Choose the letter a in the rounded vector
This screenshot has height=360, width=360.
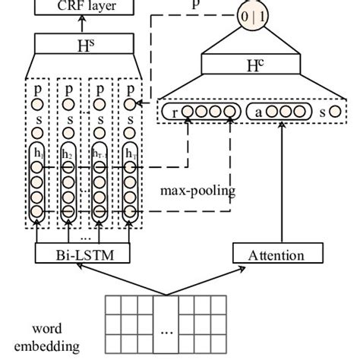(259, 112)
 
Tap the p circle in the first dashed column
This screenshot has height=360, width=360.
(38, 104)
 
